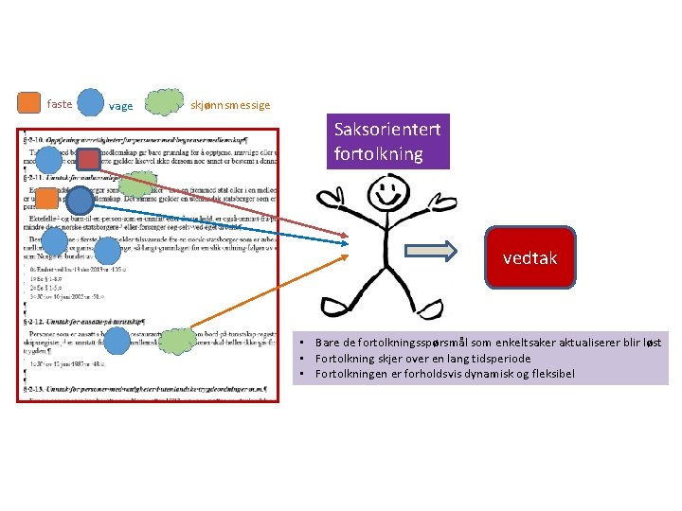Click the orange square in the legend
30,102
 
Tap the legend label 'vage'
121,106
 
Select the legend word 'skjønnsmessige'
230,105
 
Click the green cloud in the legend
165,102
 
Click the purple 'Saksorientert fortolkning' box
387,142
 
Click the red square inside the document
88,159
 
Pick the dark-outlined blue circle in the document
80,201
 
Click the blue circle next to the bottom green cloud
117,342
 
